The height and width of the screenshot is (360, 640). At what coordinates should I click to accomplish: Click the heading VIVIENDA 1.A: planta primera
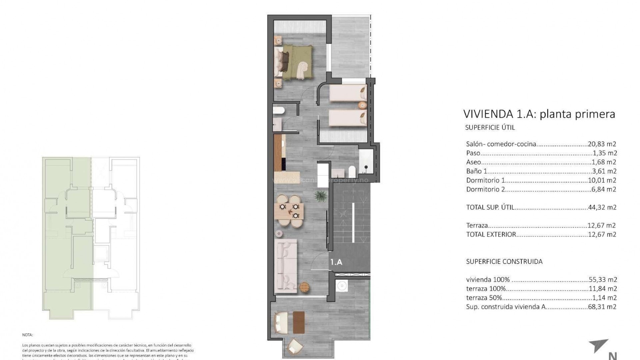539,114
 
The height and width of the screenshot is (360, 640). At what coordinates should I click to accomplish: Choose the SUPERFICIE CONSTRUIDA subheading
504,261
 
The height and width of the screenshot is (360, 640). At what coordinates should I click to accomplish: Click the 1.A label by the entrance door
336,262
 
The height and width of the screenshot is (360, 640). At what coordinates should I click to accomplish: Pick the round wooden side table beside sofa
305,287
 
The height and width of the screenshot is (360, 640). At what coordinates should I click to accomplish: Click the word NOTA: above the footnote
28,335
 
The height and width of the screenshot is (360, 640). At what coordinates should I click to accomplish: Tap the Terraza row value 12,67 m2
602,225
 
